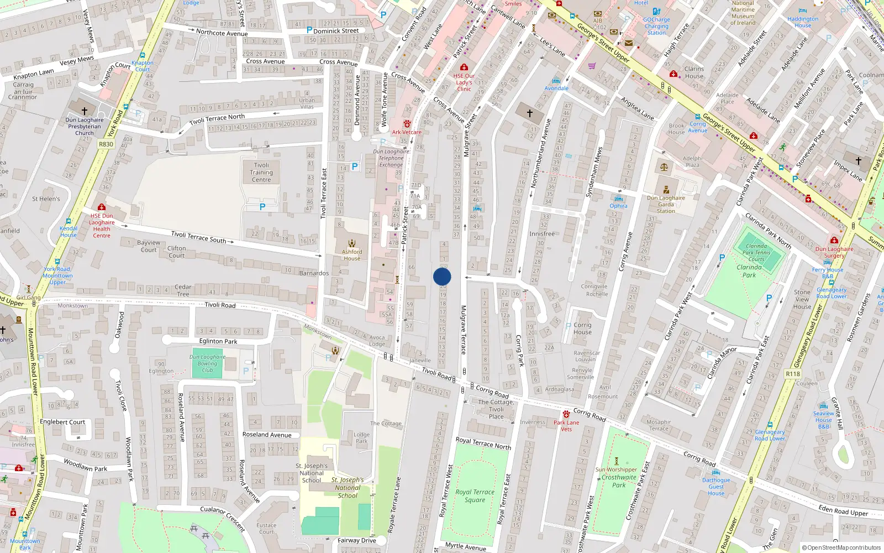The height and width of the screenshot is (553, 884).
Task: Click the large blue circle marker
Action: point(442,276)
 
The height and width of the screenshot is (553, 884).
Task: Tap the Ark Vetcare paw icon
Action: point(407,124)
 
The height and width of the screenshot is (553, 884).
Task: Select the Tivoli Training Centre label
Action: point(261,172)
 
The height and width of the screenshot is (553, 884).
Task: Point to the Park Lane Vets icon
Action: point(566,414)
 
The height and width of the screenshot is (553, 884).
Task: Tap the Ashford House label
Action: point(352,255)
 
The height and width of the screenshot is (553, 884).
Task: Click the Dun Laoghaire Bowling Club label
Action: point(207,363)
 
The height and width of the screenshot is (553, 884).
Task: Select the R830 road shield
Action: point(106,144)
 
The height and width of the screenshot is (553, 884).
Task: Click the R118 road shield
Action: point(793,374)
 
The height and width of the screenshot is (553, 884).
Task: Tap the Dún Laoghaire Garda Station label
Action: point(666,204)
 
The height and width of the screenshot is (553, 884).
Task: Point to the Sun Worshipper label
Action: point(616,469)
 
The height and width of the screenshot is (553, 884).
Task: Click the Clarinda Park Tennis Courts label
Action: point(756,252)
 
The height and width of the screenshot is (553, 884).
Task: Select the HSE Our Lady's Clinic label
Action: point(464,82)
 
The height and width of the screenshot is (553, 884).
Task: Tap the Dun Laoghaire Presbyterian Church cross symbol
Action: point(85,111)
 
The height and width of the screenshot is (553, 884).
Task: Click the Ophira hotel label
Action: point(618,206)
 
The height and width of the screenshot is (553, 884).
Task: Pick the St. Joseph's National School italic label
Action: point(348,488)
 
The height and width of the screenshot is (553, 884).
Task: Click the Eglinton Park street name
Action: point(218,341)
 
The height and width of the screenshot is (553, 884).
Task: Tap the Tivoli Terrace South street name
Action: point(198,237)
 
